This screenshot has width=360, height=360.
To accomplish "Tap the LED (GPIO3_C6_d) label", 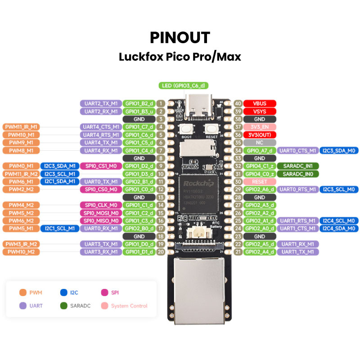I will pyautogui.click(x=184, y=85).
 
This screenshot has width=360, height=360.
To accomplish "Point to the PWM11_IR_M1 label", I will pyautogui.click(x=21, y=127).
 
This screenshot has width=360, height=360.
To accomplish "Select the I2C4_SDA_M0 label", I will pyautogui.click(x=340, y=228).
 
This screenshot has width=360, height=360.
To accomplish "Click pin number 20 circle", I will pyautogui.click(x=161, y=252).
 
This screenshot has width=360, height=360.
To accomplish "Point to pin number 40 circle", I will pyautogui.click(x=238, y=103).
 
